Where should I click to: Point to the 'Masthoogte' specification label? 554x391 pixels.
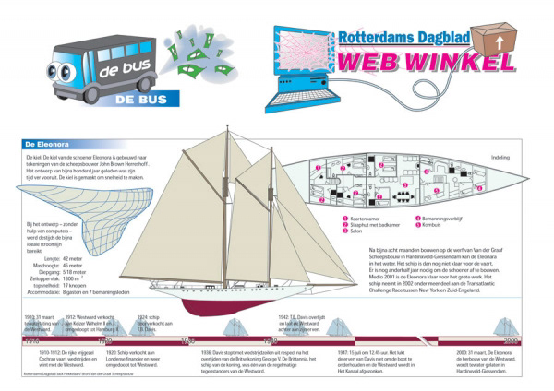[x=42, y=266]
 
